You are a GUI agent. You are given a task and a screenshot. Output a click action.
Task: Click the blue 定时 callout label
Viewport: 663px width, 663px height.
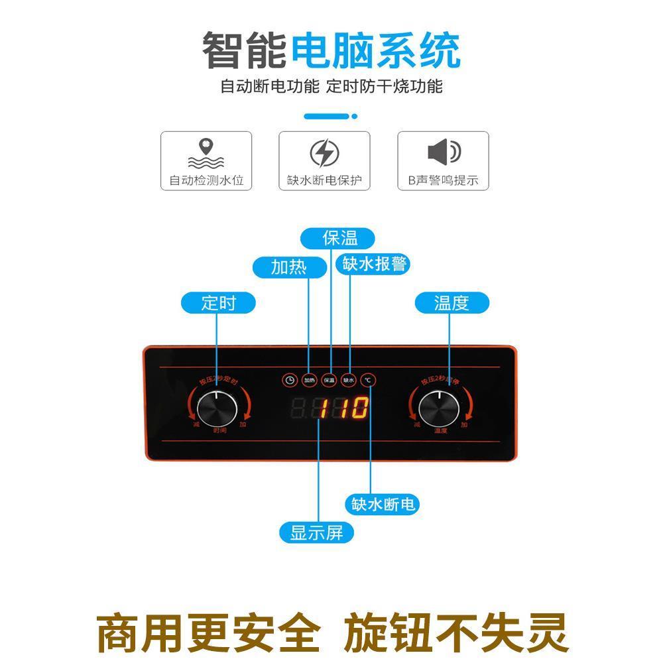[x=218, y=303]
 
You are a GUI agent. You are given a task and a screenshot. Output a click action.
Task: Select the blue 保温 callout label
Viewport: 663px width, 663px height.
[x=339, y=238]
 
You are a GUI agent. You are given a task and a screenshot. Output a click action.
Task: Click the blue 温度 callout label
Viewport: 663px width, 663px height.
[x=452, y=303]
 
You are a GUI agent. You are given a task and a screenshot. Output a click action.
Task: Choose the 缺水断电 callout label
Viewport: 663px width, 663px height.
[x=383, y=505]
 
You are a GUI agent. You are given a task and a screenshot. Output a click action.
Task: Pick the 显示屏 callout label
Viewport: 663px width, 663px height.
[x=317, y=532]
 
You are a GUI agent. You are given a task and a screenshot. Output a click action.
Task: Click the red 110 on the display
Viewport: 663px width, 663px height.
[x=343, y=408]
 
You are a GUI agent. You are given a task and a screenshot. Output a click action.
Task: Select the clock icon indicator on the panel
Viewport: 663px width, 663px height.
[x=289, y=380]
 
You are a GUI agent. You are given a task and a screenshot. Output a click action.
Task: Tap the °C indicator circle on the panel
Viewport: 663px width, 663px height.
[x=369, y=380]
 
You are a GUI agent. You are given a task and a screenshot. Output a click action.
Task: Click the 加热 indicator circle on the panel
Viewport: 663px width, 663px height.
[x=309, y=380]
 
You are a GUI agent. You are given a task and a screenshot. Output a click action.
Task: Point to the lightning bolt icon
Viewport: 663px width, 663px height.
[x=324, y=154]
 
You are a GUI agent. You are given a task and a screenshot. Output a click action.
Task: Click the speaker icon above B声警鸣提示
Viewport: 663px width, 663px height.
[x=444, y=152]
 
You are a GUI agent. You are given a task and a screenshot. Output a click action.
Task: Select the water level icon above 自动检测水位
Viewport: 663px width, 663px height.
[x=206, y=153]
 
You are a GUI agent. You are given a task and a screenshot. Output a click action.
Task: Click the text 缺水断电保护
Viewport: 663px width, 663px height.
[x=324, y=180]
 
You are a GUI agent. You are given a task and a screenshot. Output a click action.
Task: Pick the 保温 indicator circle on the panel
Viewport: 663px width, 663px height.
[x=329, y=380]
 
